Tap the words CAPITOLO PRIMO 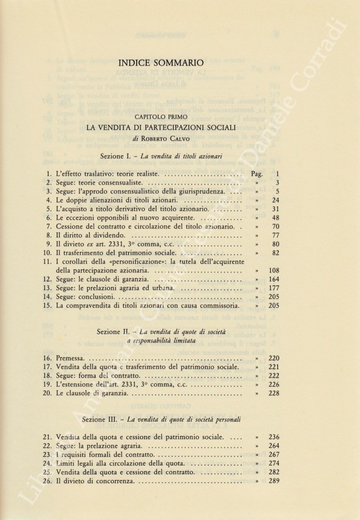[x=161, y=116]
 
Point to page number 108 [x=274, y=270]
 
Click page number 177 [x=274, y=288]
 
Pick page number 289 [x=274, y=482]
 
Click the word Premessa [x=72, y=358]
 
